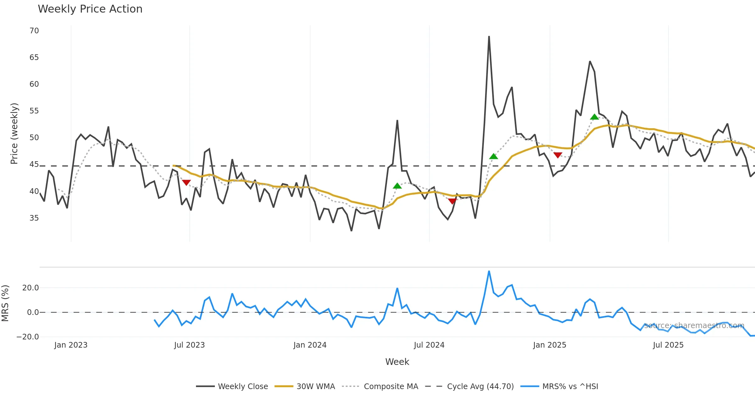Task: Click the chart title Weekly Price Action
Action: pos(90,9)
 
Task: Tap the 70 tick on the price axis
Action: pos(34,31)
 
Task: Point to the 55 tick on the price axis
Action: pos(34,111)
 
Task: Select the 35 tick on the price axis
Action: pos(34,218)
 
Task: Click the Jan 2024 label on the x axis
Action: pos(310,345)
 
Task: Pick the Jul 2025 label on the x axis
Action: pos(668,345)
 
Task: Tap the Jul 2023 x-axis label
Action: pos(189,345)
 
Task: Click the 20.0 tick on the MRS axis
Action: pos(31,288)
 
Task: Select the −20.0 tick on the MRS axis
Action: pos(28,337)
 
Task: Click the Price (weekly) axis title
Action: pos(14,134)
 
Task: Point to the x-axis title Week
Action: pos(397,362)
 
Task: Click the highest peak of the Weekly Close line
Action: pos(489,36)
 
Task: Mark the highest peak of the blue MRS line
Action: pos(489,271)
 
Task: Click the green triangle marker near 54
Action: pos(594,117)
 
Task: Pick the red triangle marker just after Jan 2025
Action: pos(558,155)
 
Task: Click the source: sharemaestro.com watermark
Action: pos(694,326)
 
